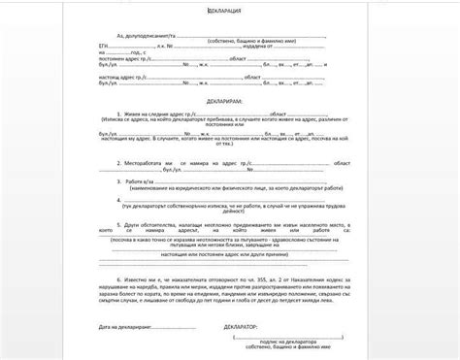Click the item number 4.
pos(115,204)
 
